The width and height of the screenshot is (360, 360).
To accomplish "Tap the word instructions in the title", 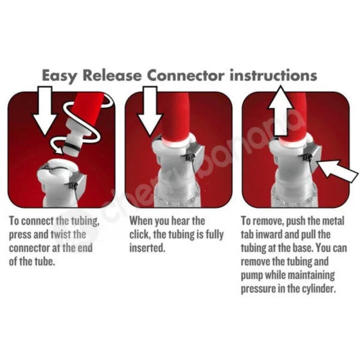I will point(272,76).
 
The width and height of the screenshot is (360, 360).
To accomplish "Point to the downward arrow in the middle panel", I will point(149,111).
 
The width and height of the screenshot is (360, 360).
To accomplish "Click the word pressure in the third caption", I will point(259,288).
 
